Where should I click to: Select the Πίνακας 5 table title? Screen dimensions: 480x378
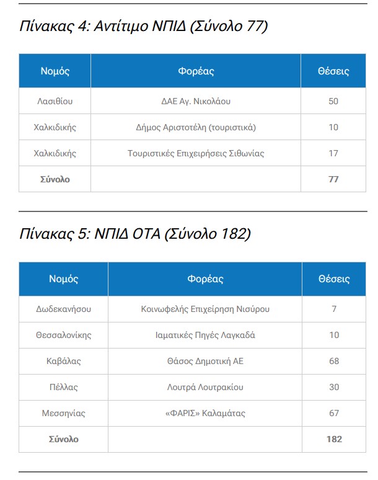tap(135, 234)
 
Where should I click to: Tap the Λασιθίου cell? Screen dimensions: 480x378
tap(55, 101)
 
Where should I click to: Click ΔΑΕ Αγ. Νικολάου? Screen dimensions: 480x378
tap(196, 101)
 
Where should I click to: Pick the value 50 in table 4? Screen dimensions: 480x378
tap(333, 101)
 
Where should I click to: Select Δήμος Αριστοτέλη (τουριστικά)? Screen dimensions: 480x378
tap(196, 127)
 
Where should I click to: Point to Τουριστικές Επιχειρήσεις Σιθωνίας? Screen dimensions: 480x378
tap(196, 153)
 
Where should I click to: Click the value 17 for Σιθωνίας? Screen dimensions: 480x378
tap(333, 153)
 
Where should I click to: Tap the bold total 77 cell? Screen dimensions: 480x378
tap(333, 179)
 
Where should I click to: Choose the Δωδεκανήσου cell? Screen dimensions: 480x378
tap(64, 309)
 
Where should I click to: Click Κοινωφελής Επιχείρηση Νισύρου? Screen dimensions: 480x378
tap(205, 309)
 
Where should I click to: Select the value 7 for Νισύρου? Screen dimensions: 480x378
tap(334, 309)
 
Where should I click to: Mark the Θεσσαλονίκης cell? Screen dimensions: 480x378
tap(64, 335)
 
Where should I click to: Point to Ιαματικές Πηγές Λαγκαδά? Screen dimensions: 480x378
tap(205, 335)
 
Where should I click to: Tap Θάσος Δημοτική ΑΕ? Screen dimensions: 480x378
tap(205, 361)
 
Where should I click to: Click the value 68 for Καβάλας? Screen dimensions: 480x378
tap(334, 361)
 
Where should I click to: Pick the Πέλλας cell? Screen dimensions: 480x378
tap(64, 387)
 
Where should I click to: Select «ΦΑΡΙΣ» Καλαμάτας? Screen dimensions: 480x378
tap(205, 413)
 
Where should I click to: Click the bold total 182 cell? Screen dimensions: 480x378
tap(334, 439)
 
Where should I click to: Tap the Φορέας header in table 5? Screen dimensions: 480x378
tap(205, 279)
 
